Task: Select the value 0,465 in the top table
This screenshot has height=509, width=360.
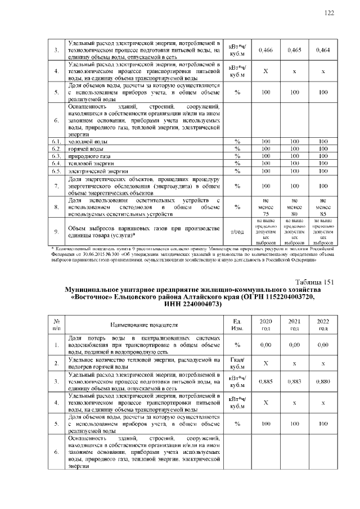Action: tap(294, 50)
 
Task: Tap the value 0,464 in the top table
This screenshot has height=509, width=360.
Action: tap(323, 50)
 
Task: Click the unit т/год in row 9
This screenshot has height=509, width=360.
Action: tap(237, 231)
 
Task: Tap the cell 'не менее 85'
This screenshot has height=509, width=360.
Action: tap(323, 206)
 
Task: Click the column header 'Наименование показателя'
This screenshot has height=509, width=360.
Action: tap(144, 325)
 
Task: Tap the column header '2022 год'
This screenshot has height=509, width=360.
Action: tap(323, 325)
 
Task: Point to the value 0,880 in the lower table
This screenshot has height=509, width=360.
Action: tap(323, 381)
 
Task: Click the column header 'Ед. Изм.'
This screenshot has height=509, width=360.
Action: tap(237, 325)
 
